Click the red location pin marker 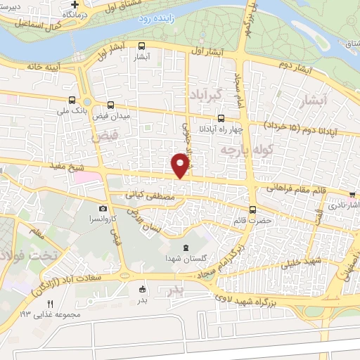tap(181, 165)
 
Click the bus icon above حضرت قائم tap(252, 210)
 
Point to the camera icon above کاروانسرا tap(103, 208)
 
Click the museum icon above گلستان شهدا tap(186, 247)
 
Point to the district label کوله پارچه tap(236, 150)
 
